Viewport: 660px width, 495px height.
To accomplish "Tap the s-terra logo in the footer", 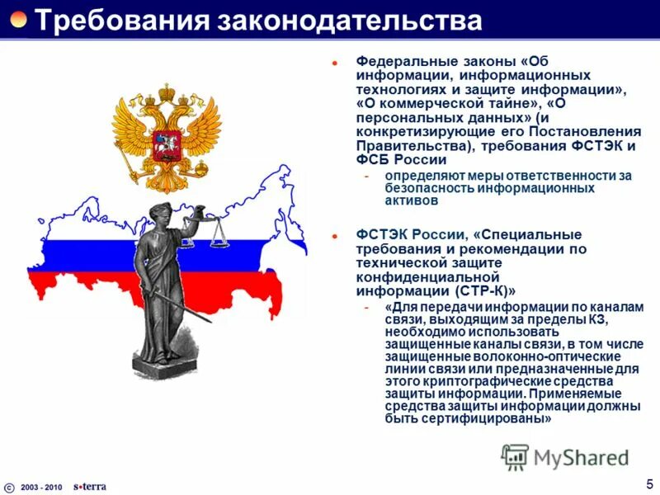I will (89, 486).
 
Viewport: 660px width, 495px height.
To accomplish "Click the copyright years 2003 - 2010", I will (41, 487).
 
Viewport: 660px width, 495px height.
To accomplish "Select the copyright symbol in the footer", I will (9, 487).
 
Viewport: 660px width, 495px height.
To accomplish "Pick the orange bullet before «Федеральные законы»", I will (336, 63).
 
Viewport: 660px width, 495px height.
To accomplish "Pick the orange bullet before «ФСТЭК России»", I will (336, 235).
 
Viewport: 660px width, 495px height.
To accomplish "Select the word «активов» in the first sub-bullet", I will (410, 200).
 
